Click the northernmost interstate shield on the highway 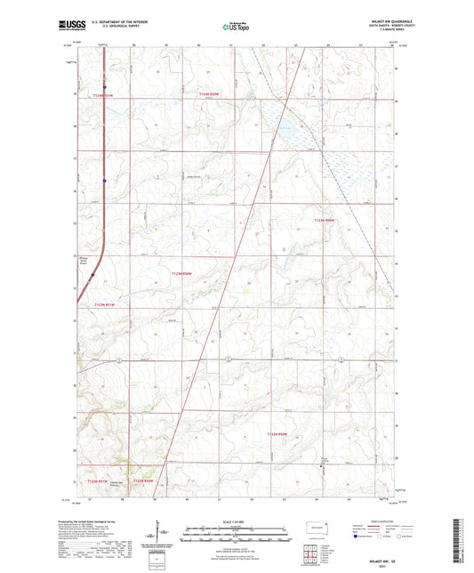tap(104, 87)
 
